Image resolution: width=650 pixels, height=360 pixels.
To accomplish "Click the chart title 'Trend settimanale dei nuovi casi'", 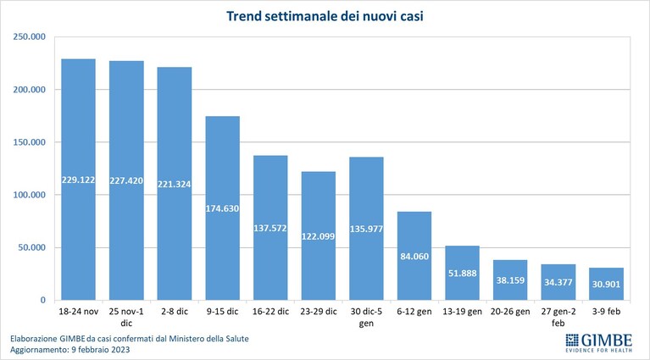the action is pyautogui.click(x=325, y=16).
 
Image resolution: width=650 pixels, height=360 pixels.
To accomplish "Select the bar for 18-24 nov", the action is pyautogui.click(x=78, y=180).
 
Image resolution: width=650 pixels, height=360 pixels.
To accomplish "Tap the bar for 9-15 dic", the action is pyautogui.click(x=223, y=208).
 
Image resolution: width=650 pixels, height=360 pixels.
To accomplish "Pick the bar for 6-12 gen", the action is pyautogui.click(x=414, y=256).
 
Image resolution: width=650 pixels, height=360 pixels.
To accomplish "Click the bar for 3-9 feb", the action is pyautogui.click(x=606, y=284).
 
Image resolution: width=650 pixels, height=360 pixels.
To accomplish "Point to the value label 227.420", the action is pyautogui.click(x=126, y=180).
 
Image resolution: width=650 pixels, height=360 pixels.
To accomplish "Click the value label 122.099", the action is pyautogui.click(x=319, y=236).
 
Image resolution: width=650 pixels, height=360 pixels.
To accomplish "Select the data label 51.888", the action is pyautogui.click(x=462, y=274).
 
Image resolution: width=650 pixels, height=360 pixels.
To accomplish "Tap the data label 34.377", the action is pyautogui.click(x=558, y=282).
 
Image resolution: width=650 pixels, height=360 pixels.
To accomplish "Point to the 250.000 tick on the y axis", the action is pyautogui.click(x=29, y=37).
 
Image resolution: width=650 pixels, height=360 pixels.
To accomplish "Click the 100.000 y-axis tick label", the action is pyautogui.click(x=29, y=195).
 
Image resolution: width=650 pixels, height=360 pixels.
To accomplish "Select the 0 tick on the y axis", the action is pyautogui.click(x=42, y=301).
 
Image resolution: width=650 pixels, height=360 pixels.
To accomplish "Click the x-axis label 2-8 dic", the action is pyautogui.click(x=175, y=312).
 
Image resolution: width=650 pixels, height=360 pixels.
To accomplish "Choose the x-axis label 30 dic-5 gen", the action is pyautogui.click(x=366, y=317).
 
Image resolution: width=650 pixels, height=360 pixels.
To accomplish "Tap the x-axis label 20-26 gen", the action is pyautogui.click(x=510, y=312).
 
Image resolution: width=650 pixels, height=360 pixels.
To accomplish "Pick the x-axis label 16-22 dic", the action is pyautogui.click(x=270, y=312).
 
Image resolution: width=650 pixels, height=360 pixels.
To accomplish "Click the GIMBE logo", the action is pyautogui.click(x=599, y=342).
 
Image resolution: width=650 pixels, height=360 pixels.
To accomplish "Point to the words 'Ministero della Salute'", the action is pyautogui.click(x=208, y=339).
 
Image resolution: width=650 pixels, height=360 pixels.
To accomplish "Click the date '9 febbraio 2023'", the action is pyautogui.click(x=101, y=350).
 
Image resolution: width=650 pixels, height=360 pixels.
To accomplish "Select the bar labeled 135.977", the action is pyautogui.click(x=366, y=229).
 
